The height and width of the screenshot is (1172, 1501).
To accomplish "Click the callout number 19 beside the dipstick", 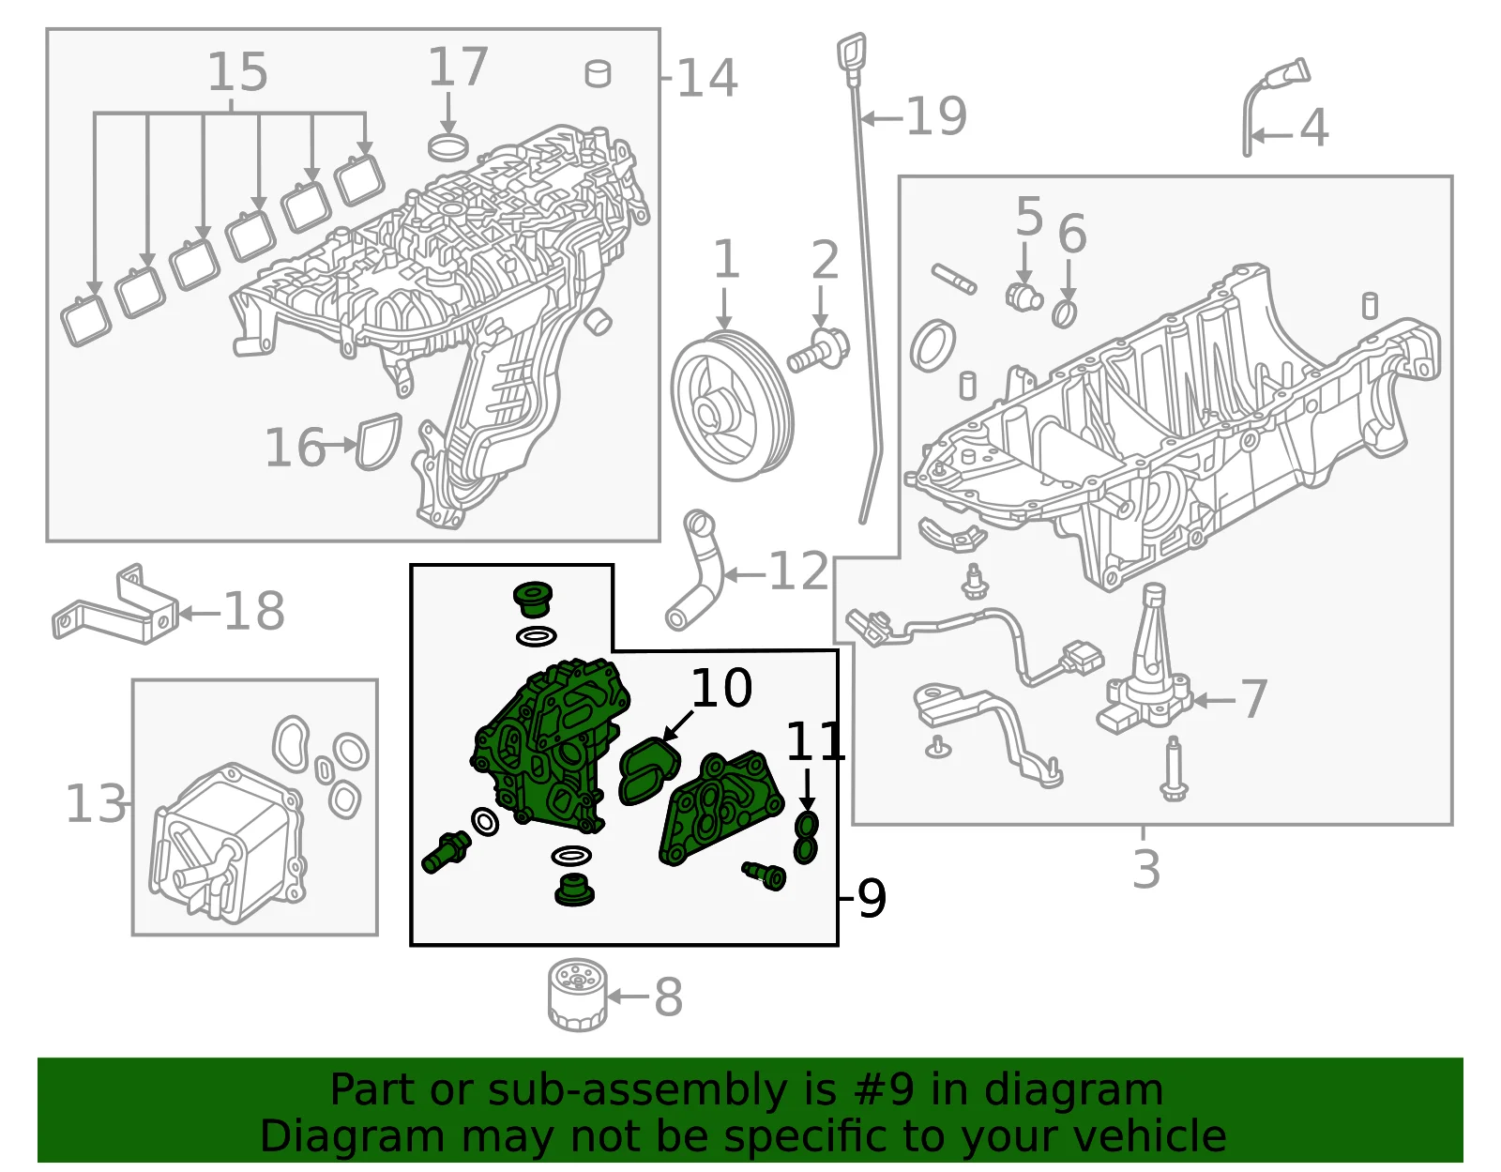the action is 936,116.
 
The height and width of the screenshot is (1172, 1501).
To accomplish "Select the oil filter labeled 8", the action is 578,996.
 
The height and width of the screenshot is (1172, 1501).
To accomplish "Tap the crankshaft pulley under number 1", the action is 732,405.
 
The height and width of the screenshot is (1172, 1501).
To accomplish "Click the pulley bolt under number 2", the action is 819,351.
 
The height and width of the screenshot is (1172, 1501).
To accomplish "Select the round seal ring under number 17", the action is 448,146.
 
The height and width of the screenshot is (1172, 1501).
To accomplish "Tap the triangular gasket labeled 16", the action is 379,443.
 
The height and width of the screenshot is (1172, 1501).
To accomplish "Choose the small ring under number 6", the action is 1065,314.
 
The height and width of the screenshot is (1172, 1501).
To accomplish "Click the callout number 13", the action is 96,804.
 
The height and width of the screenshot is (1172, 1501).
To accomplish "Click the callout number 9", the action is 872,898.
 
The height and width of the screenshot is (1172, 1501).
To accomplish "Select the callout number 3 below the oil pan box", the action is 1146,868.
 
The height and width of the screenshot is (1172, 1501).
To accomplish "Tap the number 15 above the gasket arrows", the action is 237,72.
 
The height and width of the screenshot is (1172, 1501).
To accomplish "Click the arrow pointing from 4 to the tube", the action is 1272,135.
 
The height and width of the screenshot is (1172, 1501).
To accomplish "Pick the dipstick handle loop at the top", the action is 852,53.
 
